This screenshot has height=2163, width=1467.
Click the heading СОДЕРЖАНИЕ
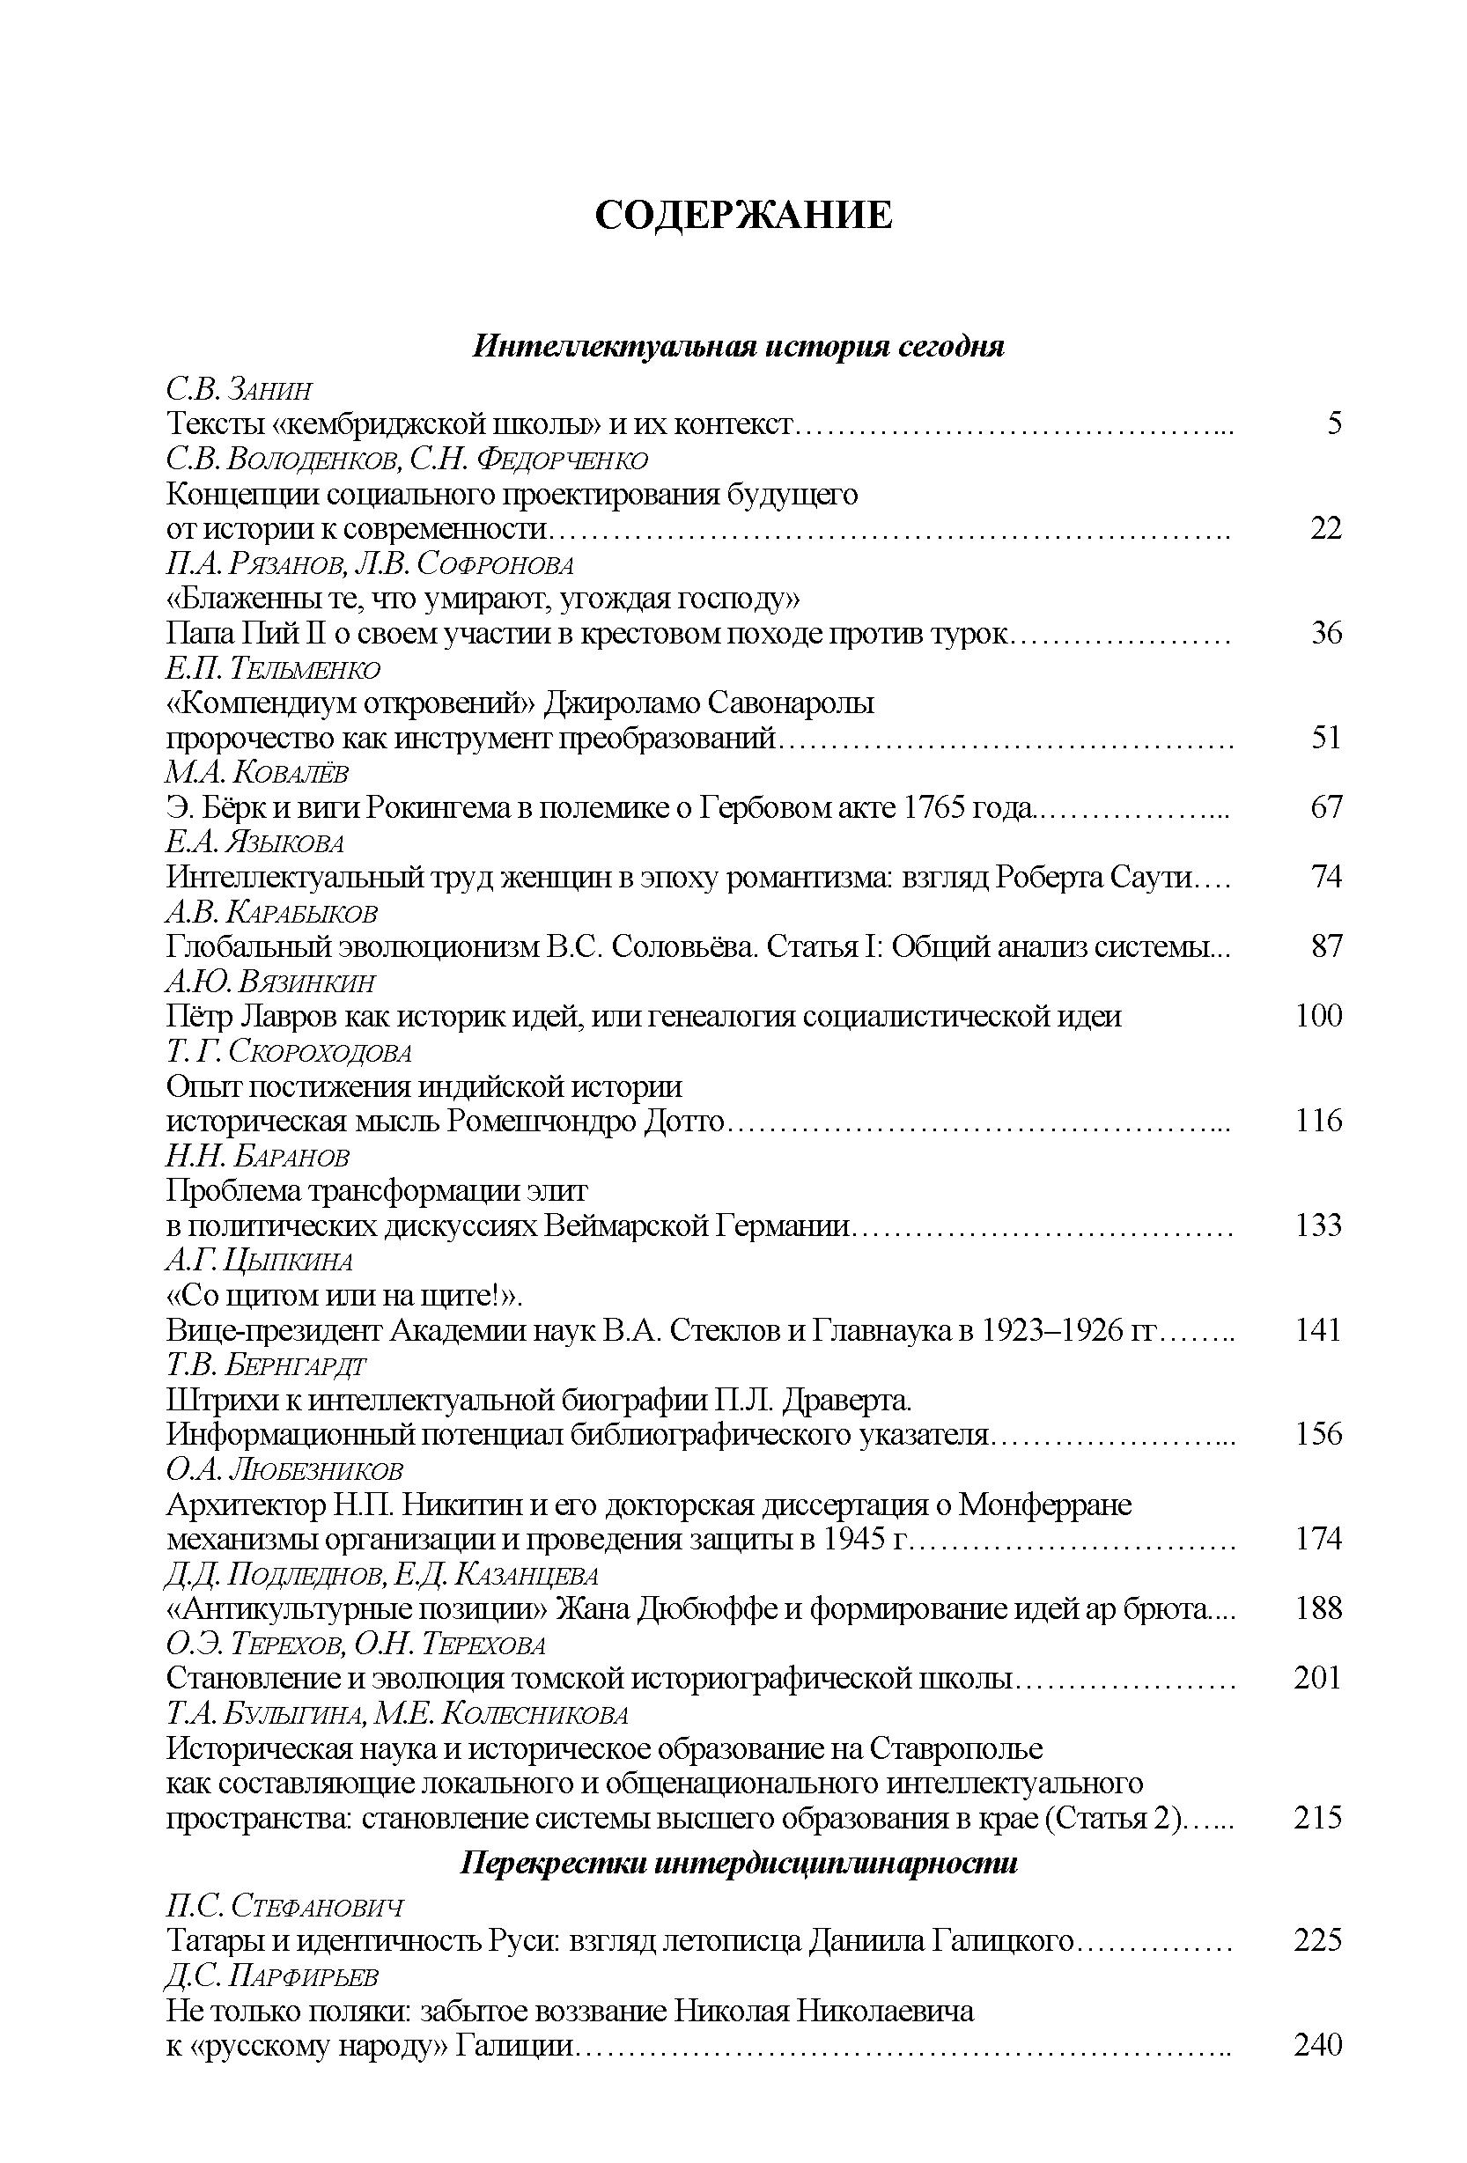click(743, 215)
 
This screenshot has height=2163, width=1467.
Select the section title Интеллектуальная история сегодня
click(738, 347)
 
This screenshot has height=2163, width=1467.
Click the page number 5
click(1334, 423)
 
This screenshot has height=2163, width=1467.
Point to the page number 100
click(1318, 1015)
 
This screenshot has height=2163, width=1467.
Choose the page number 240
click(1318, 2045)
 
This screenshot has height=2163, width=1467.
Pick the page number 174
click(1318, 1539)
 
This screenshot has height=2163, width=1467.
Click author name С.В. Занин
click(240, 389)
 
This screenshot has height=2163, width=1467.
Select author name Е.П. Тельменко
click(273, 668)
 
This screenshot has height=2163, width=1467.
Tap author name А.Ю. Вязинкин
click(271, 982)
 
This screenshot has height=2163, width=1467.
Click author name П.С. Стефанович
click(284, 1905)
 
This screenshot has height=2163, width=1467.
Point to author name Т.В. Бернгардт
click(266, 1365)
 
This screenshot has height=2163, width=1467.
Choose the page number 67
click(1326, 807)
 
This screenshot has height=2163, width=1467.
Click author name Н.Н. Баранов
click(258, 1156)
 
